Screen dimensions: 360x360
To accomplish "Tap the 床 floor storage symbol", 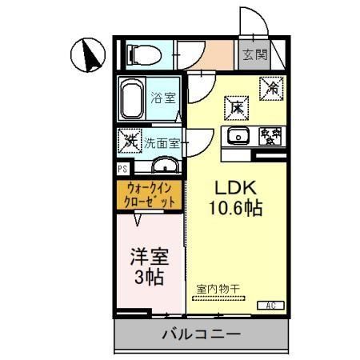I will (236, 105).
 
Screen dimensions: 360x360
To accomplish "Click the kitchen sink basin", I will (237, 136).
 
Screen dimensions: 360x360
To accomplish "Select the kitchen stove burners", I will (270, 136).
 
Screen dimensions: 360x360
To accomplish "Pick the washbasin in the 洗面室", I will (165, 166).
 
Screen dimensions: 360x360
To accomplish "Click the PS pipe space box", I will (122, 169).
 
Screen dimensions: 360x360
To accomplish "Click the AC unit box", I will (270, 305).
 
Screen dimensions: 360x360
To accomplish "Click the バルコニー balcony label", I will (200, 335).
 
